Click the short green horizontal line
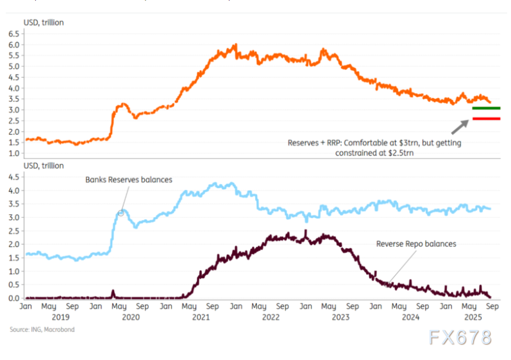pyautogui.click(x=486, y=108)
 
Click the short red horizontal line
pyautogui.click(x=486, y=119)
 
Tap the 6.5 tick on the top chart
pyautogui.click(x=13, y=33)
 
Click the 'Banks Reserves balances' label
pyautogui.click(x=129, y=180)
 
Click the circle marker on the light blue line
pyautogui.click(x=121, y=212)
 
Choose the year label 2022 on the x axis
pyautogui.click(x=270, y=316)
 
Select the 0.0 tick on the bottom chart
pyautogui.click(x=13, y=298)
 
